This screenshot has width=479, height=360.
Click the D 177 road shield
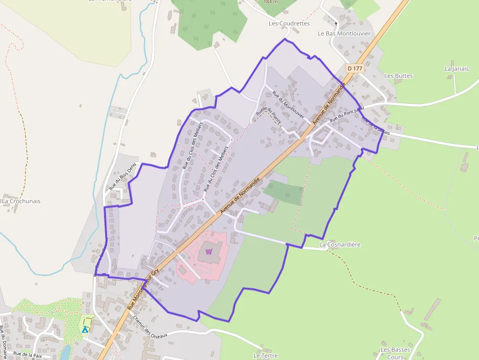click(355, 68)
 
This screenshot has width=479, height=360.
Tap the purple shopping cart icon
click(209, 252)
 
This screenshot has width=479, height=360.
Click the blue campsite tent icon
click(86, 329)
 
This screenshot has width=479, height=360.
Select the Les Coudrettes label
click(289, 23)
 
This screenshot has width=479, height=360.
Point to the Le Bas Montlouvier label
click(344, 34)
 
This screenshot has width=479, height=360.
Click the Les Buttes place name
click(398, 76)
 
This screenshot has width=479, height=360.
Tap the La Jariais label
click(457, 69)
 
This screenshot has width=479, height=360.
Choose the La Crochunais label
click(22, 201)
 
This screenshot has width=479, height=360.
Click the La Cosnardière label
click(340, 244)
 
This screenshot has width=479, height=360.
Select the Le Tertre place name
click(265, 356)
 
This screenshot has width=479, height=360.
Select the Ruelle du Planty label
click(268, 115)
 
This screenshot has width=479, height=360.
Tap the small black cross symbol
click(336, 23)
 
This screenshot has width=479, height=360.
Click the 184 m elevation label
click(270, 2)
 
